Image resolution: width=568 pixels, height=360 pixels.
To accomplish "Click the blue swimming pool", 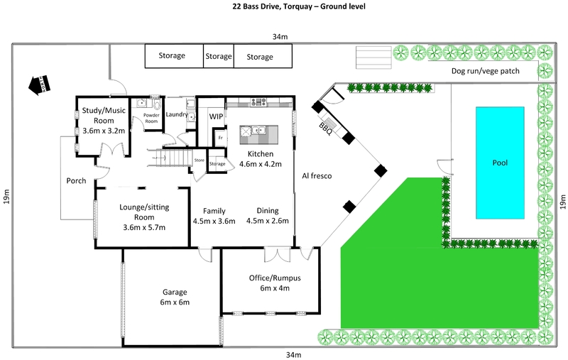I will (501, 163).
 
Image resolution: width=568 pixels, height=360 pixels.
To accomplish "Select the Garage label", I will (174, 297).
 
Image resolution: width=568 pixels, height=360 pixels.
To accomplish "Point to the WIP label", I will (216, 116).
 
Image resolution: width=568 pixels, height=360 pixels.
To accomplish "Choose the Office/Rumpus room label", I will (269, 283).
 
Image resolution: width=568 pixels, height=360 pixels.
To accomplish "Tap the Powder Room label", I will (151, 119).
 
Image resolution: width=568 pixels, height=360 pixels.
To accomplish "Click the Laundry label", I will (176, 114).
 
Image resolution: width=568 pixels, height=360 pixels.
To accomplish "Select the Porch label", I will (76, 180).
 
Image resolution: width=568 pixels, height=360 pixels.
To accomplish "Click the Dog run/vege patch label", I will (486, 71).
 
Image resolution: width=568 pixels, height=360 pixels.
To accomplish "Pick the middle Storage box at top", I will (218, 56).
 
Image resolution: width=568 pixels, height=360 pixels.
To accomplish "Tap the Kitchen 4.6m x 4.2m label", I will (260, 159).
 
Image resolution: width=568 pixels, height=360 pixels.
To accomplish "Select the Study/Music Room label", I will (104, 121).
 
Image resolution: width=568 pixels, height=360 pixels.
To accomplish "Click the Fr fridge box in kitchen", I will (221, 136).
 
